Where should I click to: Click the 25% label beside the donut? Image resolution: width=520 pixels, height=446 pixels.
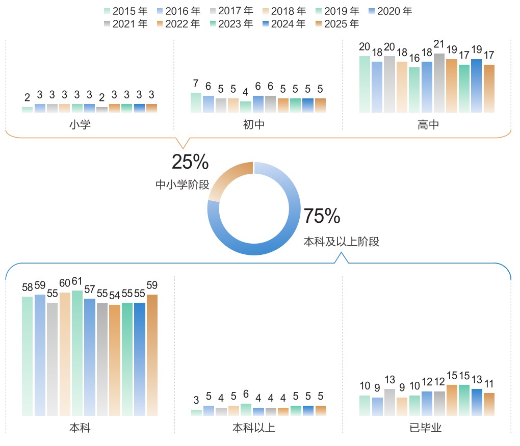[190, 162]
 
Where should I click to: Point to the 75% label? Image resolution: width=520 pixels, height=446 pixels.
[322, 217]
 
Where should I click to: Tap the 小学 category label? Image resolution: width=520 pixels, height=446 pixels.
[80, 124]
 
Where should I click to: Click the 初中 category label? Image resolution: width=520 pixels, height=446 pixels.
[253, 124]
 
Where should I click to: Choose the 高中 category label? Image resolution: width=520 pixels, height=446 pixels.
[428, 124]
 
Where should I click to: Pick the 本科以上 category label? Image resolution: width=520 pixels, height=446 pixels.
[253, 428]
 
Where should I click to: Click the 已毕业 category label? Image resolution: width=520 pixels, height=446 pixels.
[428, 428]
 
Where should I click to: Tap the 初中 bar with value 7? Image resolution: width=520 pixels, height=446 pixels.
[196, 102]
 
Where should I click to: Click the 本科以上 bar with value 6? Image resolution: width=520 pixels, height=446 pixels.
[246, 409]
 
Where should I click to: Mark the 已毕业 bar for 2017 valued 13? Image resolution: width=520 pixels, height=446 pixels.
[389, 402]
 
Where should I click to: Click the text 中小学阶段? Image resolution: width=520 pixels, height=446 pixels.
[183, 185]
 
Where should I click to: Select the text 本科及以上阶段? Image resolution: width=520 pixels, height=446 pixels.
[341, 242]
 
